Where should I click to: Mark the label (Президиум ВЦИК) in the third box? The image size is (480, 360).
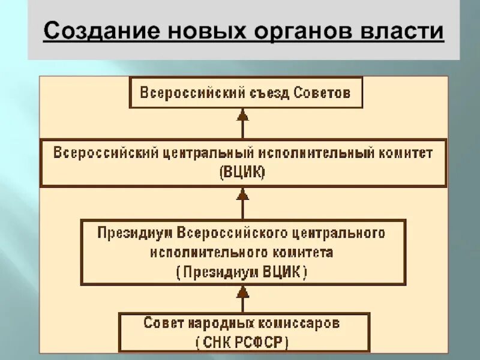click(x=242, y=272)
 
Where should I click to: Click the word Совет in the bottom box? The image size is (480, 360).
click(x=158, y=323)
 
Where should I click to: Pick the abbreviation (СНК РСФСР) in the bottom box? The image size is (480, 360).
click(x=242, y=342)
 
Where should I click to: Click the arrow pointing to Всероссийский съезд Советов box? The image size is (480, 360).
click(x=242, y=123)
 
